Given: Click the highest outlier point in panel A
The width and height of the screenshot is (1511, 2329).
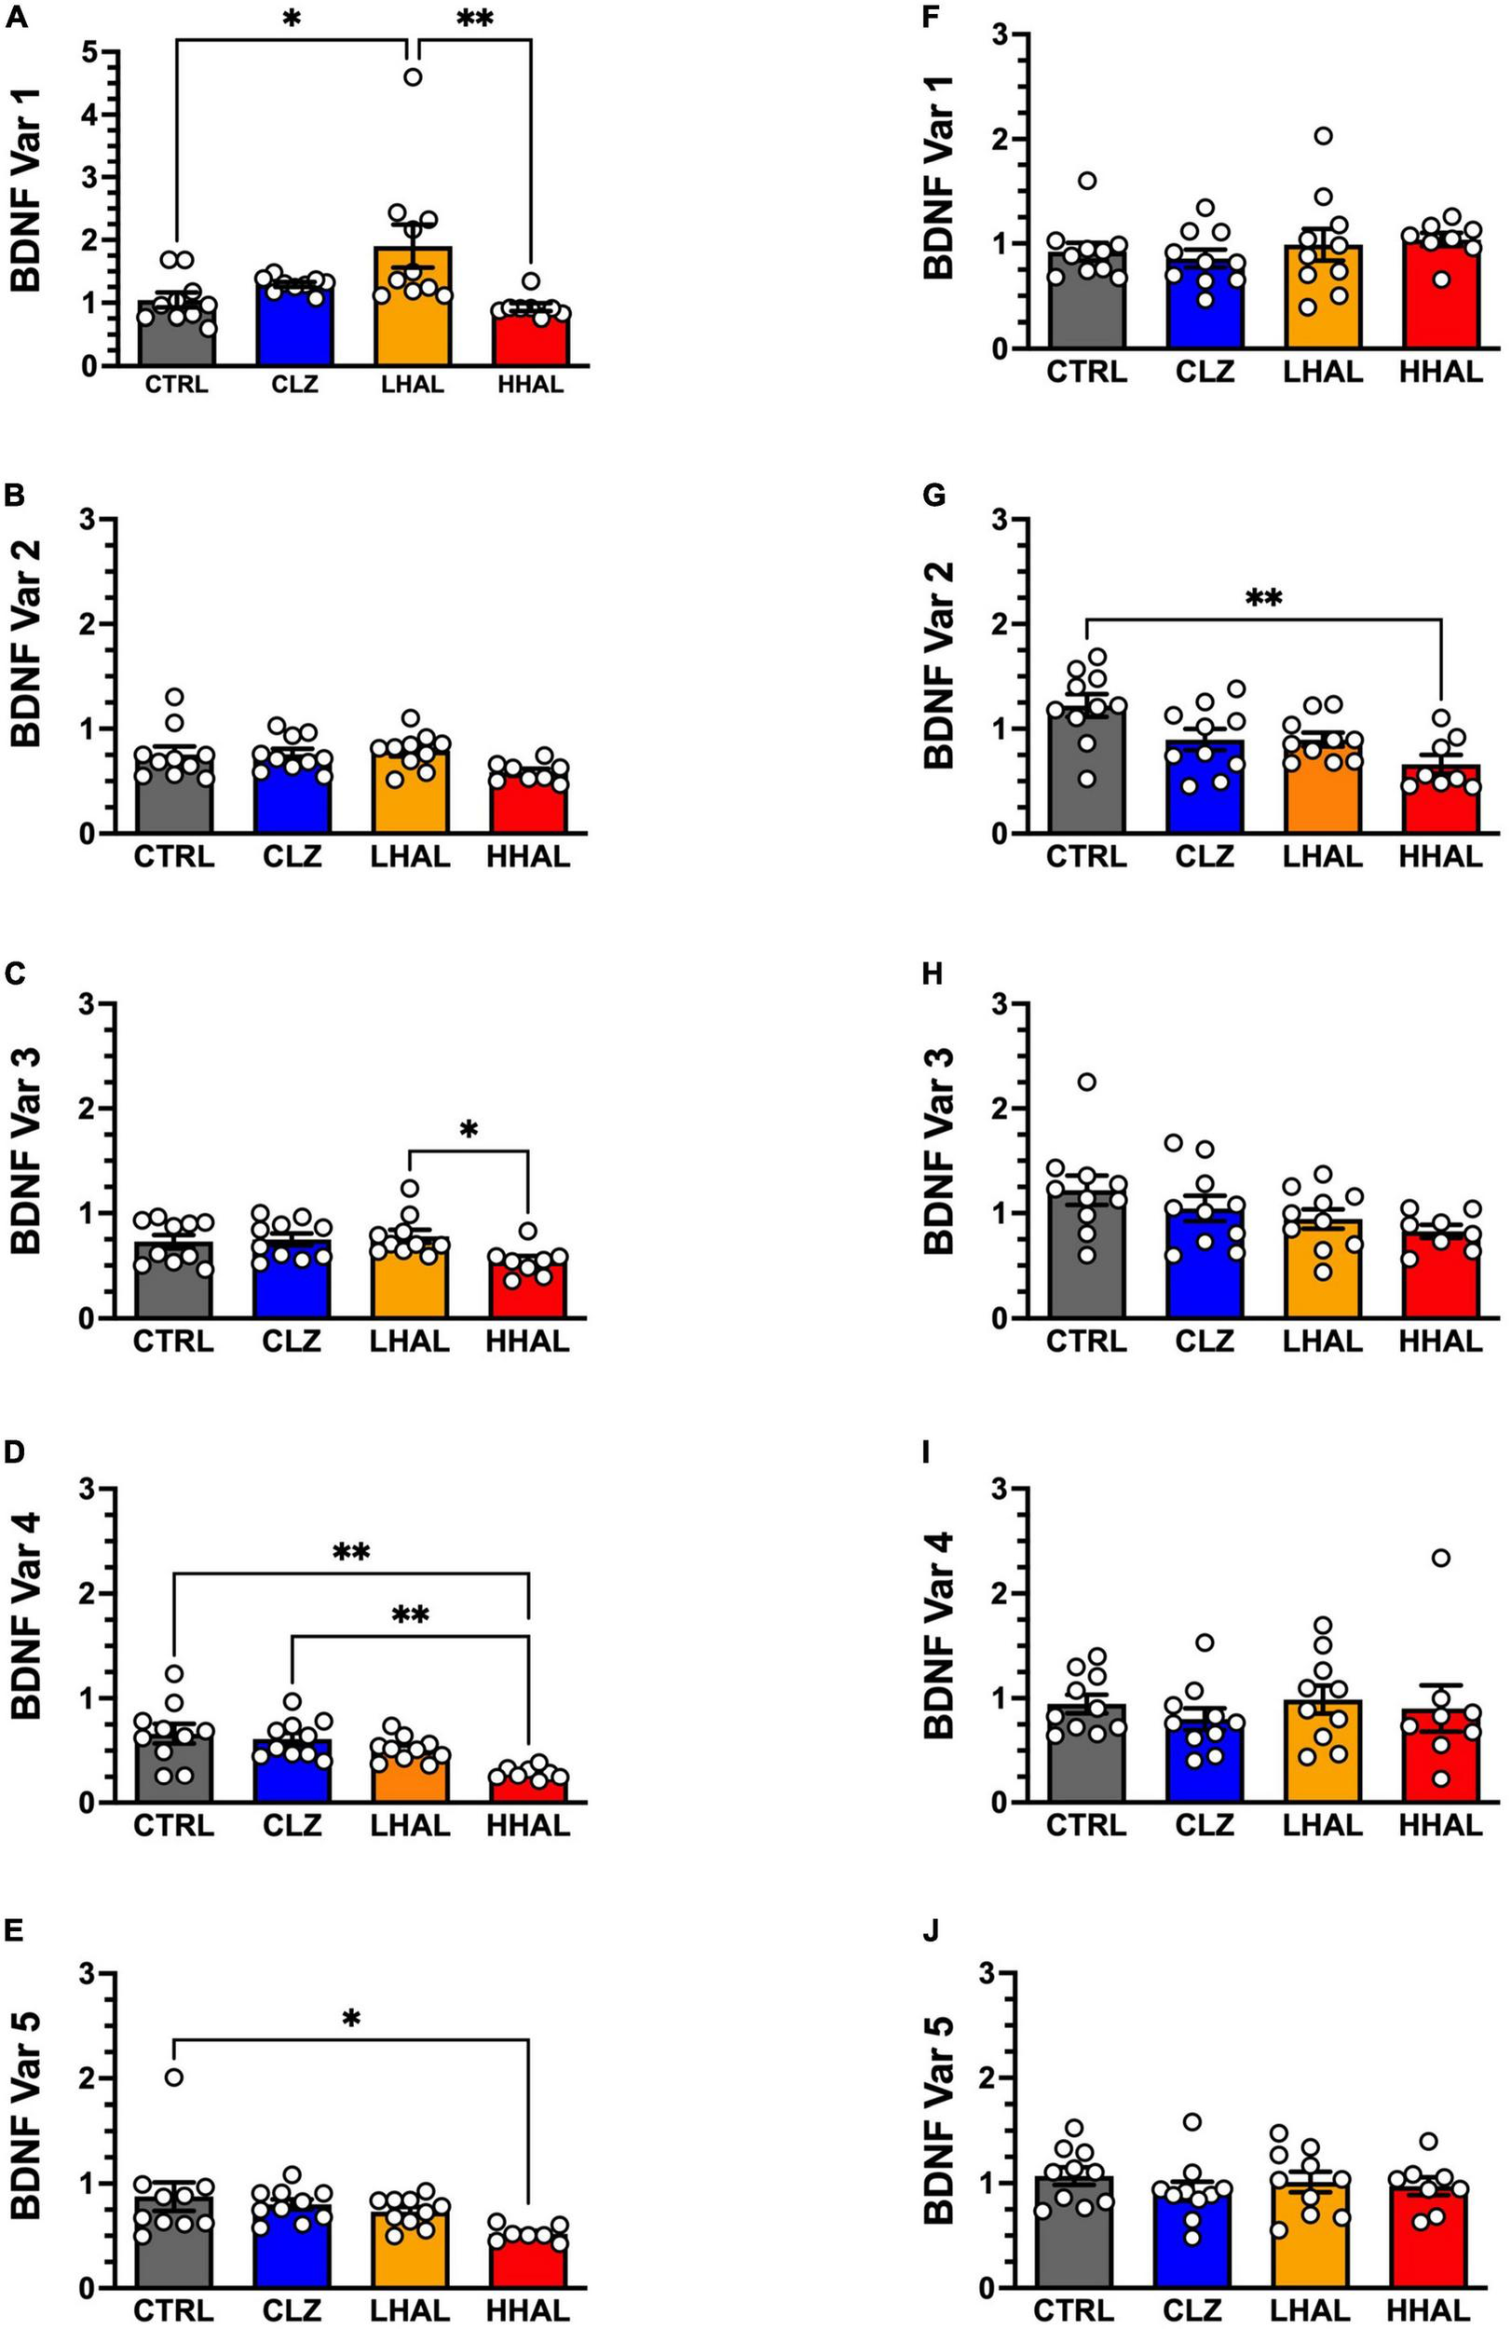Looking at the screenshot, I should [x=413, y=77].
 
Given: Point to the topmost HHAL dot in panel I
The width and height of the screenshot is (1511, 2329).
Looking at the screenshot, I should [x=1439, y=1557].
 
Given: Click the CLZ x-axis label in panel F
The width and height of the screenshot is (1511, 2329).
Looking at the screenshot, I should [x=1205, y=372].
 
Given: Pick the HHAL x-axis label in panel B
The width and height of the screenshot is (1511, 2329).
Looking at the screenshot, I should [x=527, y=856].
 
